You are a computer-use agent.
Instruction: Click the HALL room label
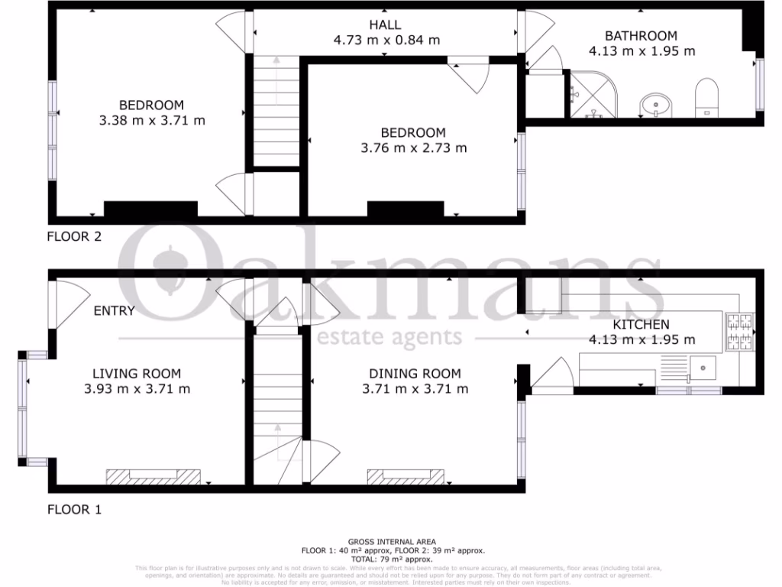pyautogui.click(x=386, y=24)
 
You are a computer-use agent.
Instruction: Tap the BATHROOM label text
pyautogui.click(x=641, y=35)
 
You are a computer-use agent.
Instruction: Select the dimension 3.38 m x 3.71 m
pyautogui.click(x=152, y=120)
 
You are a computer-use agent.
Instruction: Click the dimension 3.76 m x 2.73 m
pyautogui.click(x=413, y=148)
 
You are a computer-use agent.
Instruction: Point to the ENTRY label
pyautogui.click(x=115, y=310)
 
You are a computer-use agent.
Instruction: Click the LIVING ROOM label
pyautogui.click(x=137, y=373)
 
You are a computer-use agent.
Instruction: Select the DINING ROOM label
pyautogui.click(x=415, y=373)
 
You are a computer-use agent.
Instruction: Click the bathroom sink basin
pyautogui.click(x=654, y=104)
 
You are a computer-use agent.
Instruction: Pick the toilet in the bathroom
pyautogui.click(x=707, y=99)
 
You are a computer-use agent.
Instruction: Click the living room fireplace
pyautogui.click(x=153, y=476)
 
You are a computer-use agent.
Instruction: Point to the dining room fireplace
pyautogui.click(x=406, y=476)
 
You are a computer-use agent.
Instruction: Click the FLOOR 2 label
pyautogui.click(x=75, y=236)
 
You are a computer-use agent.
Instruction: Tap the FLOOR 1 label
pyautogui.click(x=75, y=509)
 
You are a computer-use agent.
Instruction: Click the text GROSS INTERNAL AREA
pyautogui.click(x=391, y=541)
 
